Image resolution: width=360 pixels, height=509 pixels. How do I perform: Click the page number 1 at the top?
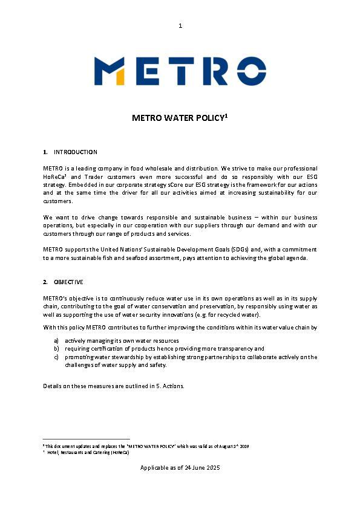180,25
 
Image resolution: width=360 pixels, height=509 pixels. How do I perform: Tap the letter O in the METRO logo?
249,71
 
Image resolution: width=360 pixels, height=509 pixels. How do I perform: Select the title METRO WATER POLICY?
179,118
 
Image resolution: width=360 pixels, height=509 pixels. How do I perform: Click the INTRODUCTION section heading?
76,152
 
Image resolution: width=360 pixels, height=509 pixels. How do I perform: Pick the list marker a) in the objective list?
56,341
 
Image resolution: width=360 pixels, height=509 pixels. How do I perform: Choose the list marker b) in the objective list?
56,349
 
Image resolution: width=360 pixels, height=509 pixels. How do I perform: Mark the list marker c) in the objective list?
56,357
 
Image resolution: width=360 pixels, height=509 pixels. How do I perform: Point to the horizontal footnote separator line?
87,439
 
